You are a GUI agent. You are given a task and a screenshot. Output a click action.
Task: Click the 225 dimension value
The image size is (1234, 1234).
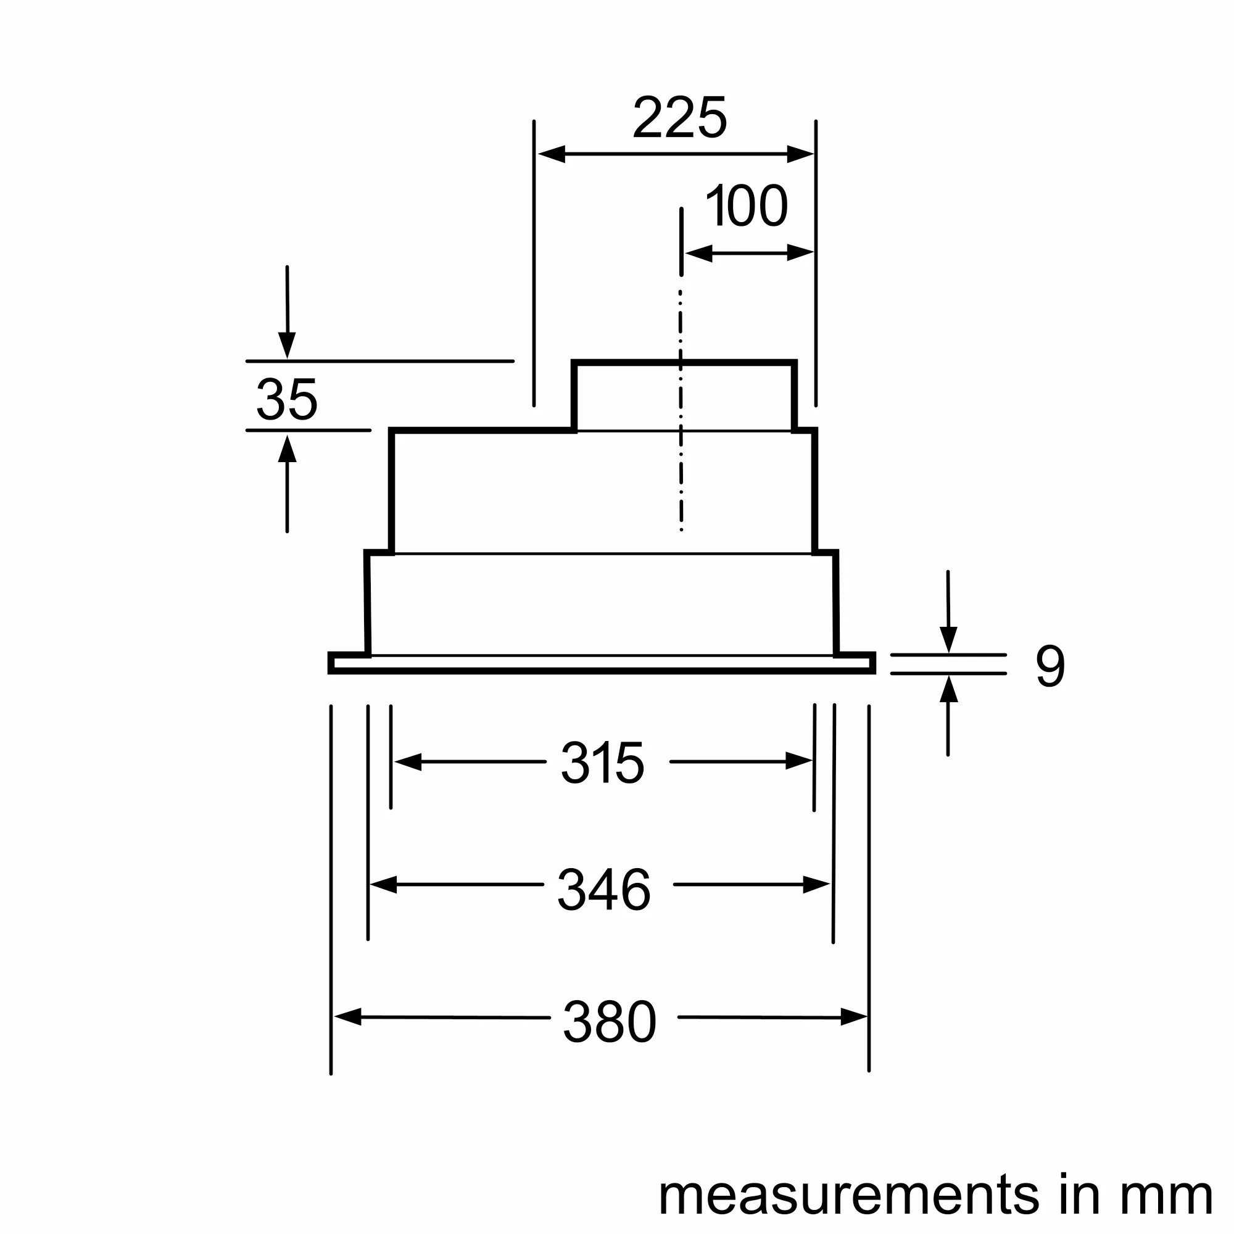point(679,118)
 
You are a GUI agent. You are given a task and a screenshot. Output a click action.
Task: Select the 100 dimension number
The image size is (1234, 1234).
point(746,205)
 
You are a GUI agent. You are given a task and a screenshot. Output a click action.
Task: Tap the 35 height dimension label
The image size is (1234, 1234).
point(287,400)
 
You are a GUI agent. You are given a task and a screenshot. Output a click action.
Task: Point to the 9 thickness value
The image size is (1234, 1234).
point(1050,666)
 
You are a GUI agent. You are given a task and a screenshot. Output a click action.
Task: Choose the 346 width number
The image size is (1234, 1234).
point(604,890)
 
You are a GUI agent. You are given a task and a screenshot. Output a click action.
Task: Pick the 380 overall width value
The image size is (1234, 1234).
point(610,1022)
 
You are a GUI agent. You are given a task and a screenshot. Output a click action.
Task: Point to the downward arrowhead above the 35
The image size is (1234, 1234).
point(288,346)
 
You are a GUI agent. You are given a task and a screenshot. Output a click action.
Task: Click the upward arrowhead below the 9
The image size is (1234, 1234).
point(948,690)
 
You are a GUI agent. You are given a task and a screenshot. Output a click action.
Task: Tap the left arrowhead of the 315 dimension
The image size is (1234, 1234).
point(408,762)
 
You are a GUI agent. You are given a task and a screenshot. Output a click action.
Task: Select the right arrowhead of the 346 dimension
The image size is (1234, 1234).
point(816,885)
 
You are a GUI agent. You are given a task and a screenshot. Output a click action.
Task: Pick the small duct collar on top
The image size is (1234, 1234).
point(684,396)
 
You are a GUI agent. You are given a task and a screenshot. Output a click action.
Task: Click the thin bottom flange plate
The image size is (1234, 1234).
point(602,663)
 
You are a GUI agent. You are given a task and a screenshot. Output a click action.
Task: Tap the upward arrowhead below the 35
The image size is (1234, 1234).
point(288,449)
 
